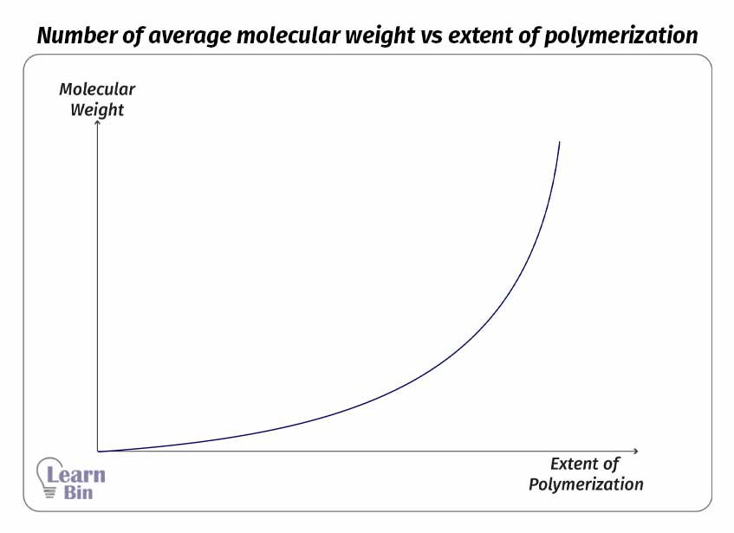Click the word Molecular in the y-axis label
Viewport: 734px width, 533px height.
pos(97,89)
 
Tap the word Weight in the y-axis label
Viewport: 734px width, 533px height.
pos(97,110)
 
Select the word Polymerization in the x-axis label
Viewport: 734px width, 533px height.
pos(586,484)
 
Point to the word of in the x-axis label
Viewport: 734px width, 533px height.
pos(612,464)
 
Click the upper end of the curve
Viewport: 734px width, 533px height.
pos(560,142)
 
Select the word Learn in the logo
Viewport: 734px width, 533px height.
pos(76,474)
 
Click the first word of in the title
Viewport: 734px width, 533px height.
pos(127,36)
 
